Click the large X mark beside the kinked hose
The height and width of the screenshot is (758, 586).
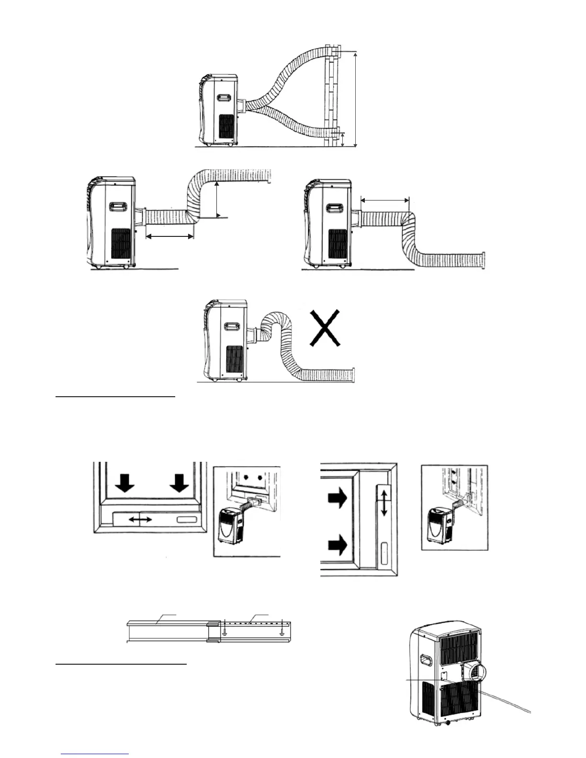pos(325,328)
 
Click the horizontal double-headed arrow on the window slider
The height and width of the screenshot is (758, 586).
pos(140,519)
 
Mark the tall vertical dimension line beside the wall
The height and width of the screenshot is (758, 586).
pos(356,99)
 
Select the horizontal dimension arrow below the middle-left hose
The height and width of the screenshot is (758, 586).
pos(169,235)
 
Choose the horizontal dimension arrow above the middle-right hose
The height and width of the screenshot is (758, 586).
pos(385,200)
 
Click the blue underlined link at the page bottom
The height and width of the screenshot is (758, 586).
pos(95,754)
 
